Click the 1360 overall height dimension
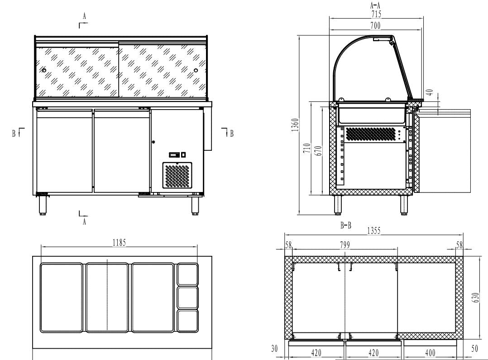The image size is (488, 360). click(295, 124)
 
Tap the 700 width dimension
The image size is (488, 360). click(375, 26)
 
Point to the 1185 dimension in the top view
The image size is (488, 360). click(120, 243)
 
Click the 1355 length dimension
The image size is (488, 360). click(373, 231)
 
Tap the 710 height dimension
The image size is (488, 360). click(307, 148)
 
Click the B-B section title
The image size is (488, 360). click(346, 225)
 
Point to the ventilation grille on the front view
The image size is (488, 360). click(177, 176)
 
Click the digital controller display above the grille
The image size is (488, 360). click(174, 155)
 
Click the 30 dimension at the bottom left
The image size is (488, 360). click(274, 349)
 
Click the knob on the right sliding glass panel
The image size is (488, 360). click(196, 70)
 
